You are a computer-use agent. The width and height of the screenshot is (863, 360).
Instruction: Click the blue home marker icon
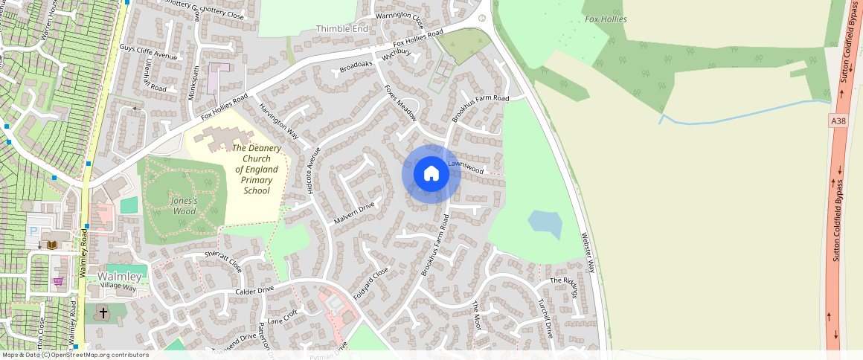coord(431,174)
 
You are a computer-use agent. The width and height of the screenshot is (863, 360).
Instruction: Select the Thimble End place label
coord(342,28)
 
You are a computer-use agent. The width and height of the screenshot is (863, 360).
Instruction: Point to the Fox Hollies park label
coord(606,19)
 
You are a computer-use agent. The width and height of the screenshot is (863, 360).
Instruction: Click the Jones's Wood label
coord(183,206)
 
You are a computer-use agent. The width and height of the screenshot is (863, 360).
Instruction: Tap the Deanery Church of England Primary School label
coord(257,169)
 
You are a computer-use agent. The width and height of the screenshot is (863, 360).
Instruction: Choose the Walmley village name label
coord(119,277)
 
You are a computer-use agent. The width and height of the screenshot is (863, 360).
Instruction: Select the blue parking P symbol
coord(34,231)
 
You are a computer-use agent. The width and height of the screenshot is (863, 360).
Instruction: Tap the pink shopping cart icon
coord(58,281)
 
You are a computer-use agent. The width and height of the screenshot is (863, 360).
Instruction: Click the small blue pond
coord(545,223)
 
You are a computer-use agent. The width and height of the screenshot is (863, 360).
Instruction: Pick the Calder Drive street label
coord(256,290)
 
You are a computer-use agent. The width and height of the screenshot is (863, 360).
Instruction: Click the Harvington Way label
coord(278,121)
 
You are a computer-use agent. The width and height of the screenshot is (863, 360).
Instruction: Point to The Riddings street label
coord(564,286)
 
